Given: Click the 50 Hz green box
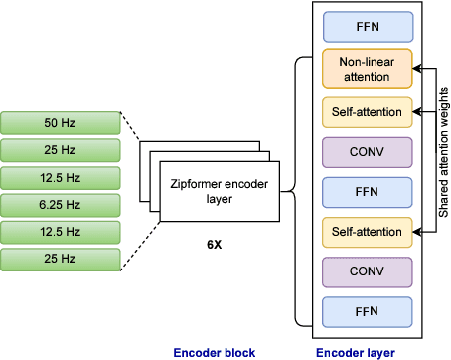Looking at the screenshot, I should point(63,123).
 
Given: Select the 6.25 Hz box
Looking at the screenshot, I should point(63,206).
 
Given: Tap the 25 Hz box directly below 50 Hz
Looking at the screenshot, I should point(63,151).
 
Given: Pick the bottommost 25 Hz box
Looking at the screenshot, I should point(63,261).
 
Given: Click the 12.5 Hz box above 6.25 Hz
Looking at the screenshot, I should point(63,179).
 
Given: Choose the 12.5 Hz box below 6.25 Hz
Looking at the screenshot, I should point(63,234).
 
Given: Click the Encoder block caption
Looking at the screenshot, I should point(215,352).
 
